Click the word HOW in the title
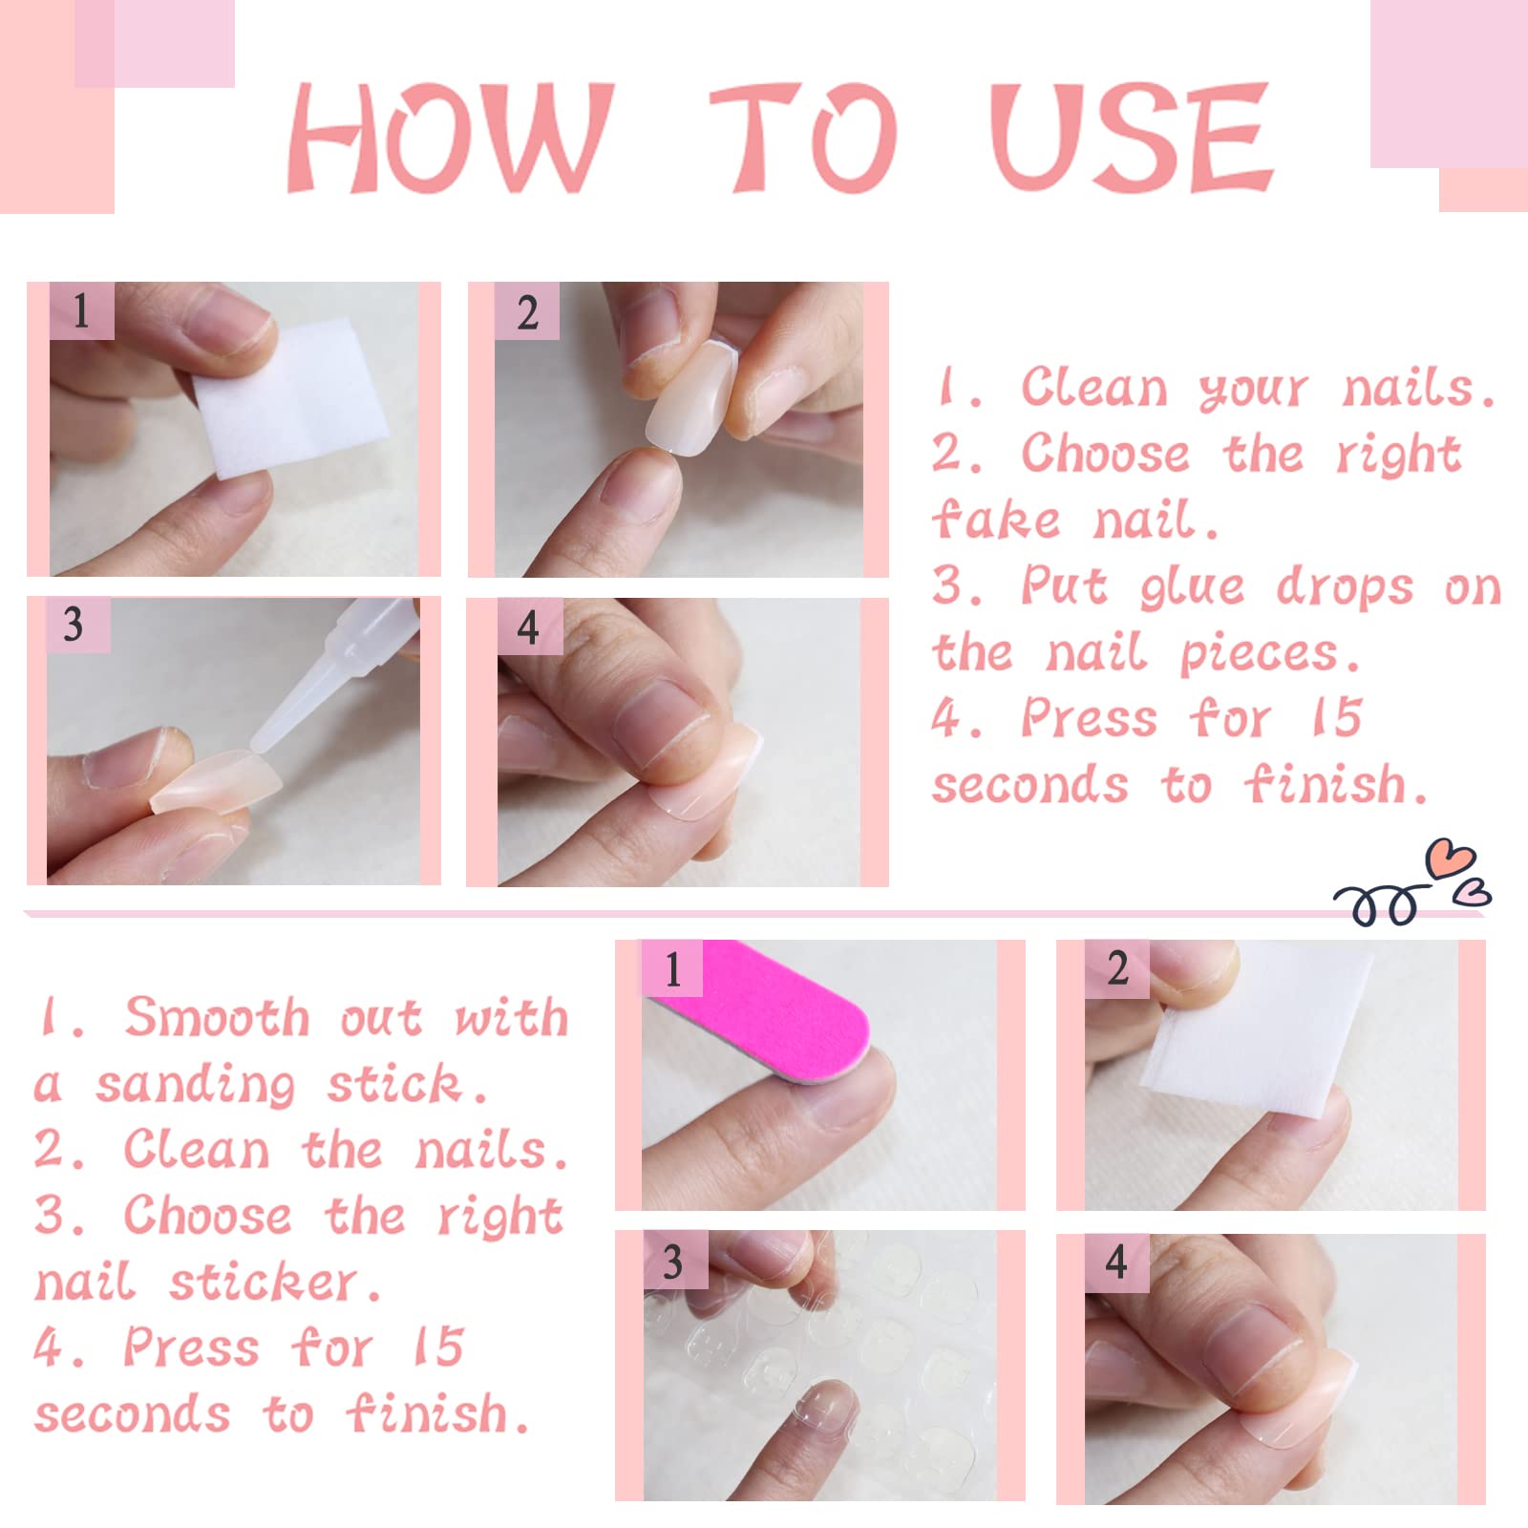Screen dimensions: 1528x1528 (x=449, y=138)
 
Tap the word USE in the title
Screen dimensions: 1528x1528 (x=1132, y=138)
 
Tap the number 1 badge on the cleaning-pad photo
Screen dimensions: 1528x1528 (x=82, y=311)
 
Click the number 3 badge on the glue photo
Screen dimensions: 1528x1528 (x=76, y=626)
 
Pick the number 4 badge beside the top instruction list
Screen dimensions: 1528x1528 (x=529, y=627)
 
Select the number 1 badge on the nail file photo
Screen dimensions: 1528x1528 (x=672, y=968)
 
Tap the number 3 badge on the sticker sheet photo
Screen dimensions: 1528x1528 (x=674, y=1261)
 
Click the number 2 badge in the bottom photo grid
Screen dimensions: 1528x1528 (x=1117, y=968)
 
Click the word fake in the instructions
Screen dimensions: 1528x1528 (x=996, y=520)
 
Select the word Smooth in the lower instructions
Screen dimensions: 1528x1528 (x=218, y=1016)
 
